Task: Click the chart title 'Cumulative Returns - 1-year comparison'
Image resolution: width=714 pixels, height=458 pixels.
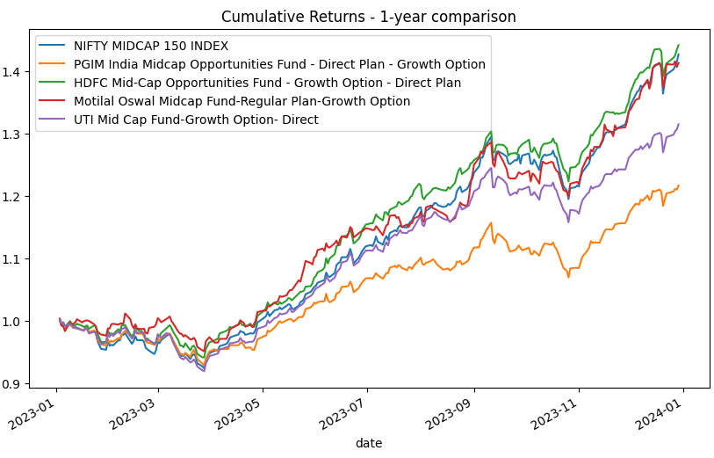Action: tap(368, 17)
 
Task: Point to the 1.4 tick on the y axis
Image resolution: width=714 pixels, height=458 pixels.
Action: tap(14, 71)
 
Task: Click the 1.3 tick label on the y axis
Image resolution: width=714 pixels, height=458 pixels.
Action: tap(14, 134)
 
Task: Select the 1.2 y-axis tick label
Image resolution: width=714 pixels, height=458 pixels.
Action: tap(14, 196)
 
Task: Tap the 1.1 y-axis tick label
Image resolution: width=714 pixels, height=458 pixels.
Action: tap(14, 259)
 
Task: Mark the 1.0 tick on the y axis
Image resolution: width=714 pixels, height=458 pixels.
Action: tap(14, 322)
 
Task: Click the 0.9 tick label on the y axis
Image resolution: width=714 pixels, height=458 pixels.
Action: tap(14, 384)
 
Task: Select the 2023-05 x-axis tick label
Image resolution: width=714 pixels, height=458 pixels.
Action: tap(242, 414)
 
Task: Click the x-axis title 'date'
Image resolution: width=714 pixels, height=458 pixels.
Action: tap(368, 443)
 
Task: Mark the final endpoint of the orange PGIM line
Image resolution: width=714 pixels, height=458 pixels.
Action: tap(679, 185)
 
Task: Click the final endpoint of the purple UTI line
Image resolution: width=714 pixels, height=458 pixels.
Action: tap(679, 124)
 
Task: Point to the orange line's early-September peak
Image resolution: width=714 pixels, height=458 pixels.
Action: tap(491, 222)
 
